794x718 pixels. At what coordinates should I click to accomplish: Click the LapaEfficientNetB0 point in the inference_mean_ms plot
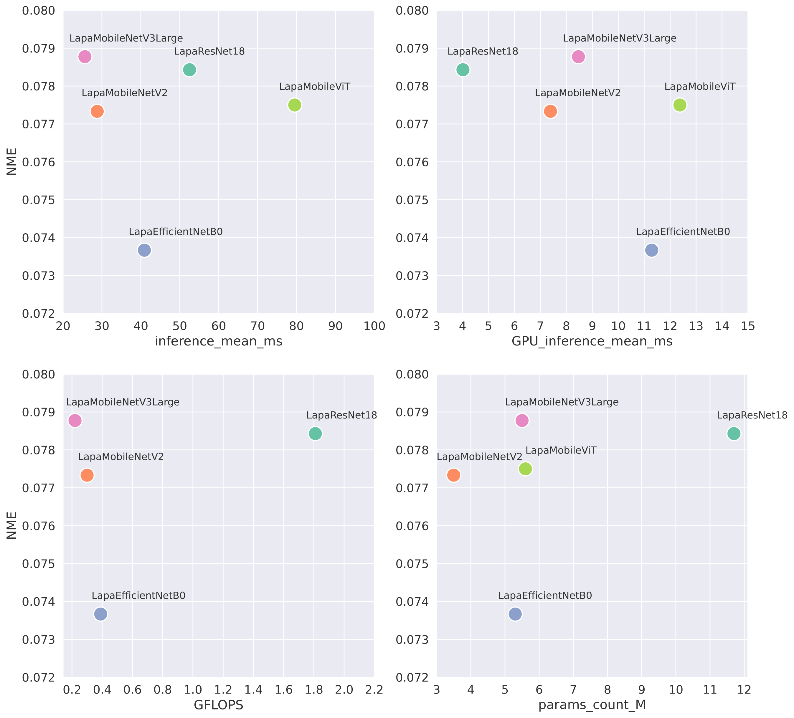pos(145,250)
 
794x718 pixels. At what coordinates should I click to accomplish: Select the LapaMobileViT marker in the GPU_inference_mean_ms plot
pos(680,105)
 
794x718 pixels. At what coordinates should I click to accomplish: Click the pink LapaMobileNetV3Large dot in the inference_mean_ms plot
pos(85,57)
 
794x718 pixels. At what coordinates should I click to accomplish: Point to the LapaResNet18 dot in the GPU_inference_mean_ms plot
pos(463,70)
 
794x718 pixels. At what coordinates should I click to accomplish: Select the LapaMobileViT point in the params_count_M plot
pos(525,469)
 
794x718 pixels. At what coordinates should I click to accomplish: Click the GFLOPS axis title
pos(219,705)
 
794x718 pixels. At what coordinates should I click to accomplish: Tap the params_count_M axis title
pos(592,705)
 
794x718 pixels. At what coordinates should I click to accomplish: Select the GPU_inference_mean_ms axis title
pos(592,341)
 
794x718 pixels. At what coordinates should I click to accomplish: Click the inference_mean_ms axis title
pos(219,341)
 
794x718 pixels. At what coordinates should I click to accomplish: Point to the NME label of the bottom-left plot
pos(12,525)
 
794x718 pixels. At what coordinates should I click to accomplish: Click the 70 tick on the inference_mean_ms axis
pos(257,326)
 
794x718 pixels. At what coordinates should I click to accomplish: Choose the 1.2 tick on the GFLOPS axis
pos(223,690)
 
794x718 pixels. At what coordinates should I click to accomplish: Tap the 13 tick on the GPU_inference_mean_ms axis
pos(696,326)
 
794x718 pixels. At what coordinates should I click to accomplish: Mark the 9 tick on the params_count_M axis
pos(642,690)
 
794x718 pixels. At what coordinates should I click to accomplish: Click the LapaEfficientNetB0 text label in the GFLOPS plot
pos(139,595)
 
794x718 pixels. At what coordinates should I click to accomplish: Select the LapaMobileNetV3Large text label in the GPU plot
pos(620,39)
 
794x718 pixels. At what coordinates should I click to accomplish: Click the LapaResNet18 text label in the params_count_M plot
pos(752,415)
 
